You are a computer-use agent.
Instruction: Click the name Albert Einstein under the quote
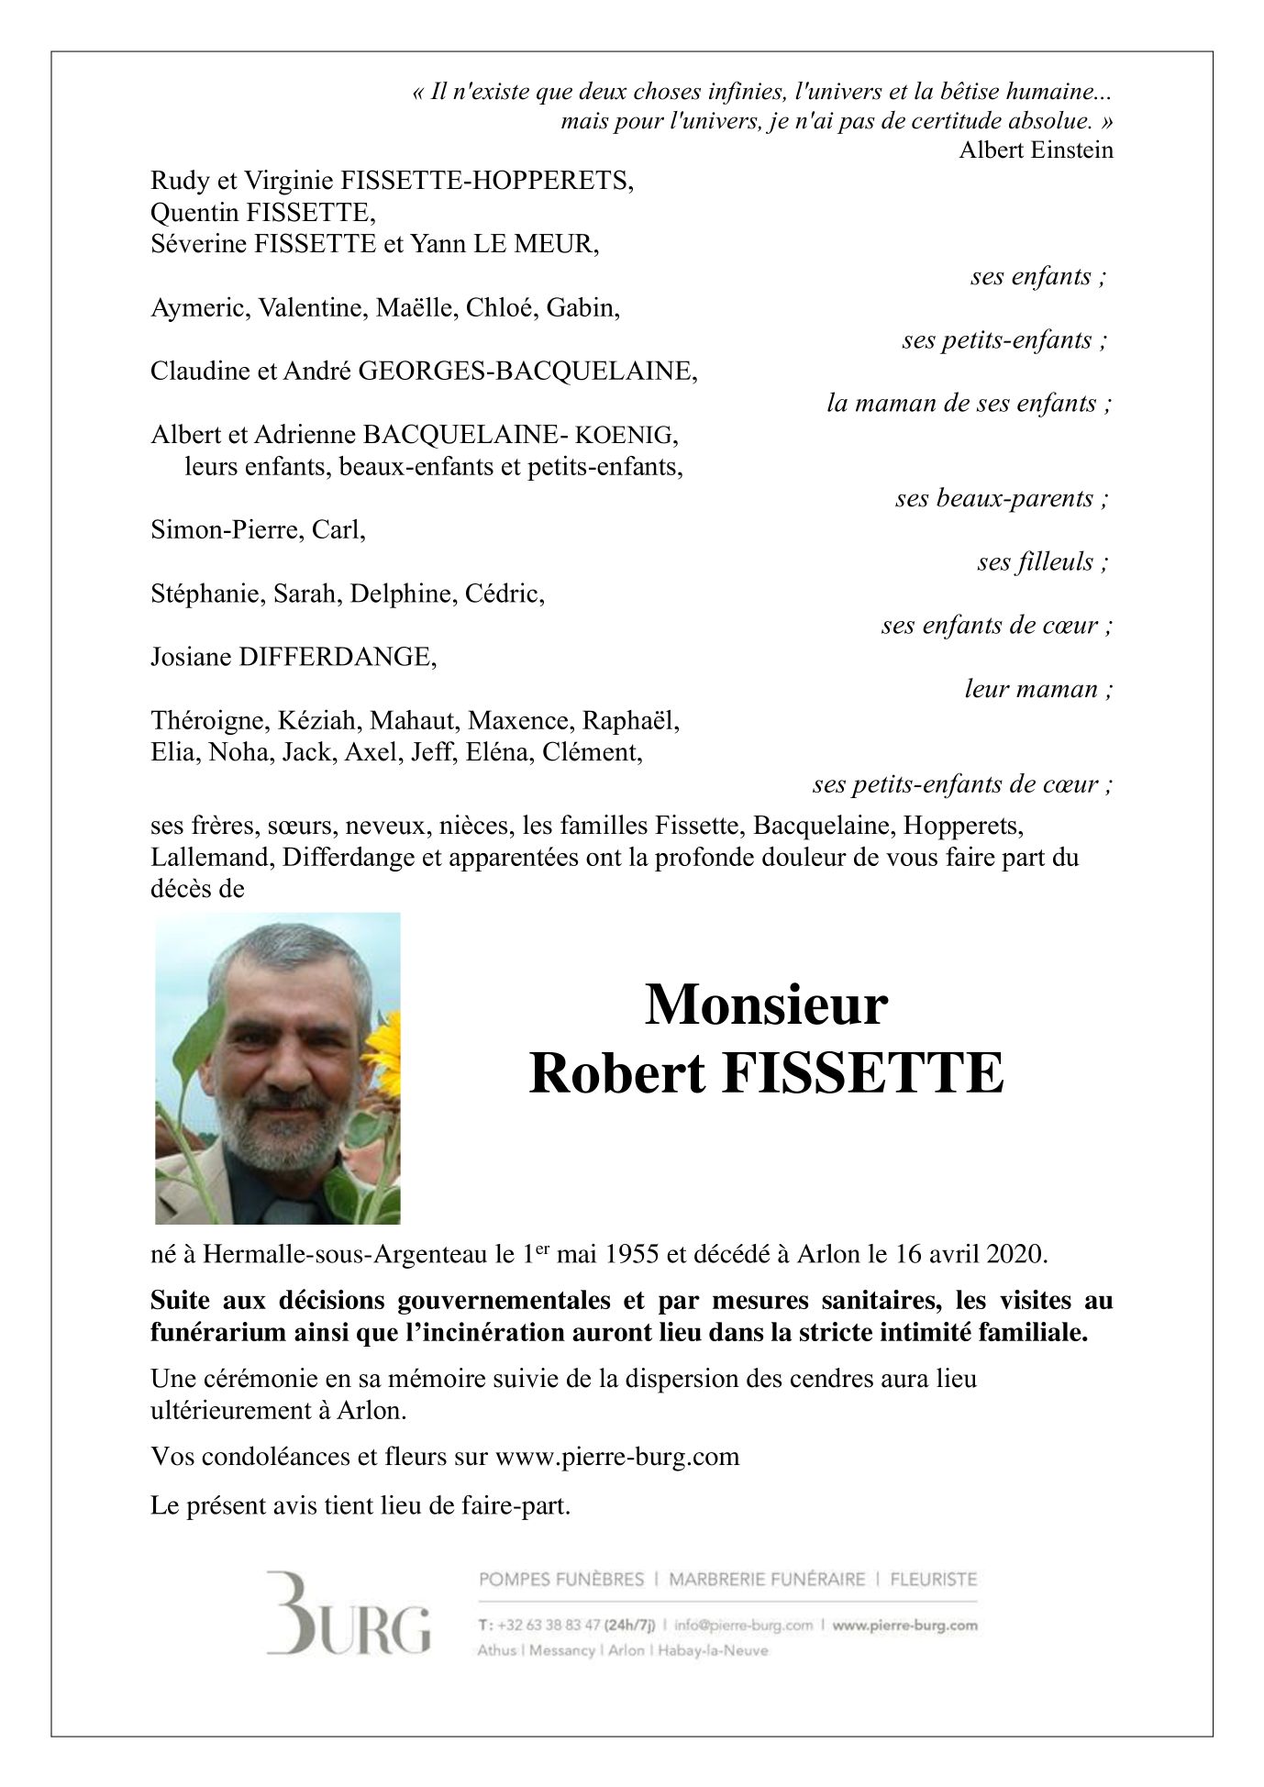point(1036,150)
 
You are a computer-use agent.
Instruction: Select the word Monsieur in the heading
point(766,1005)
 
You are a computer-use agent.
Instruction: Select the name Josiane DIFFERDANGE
point(294,657)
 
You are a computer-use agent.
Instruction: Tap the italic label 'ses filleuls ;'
point(1043,561)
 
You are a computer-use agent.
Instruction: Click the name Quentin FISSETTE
point(263,213)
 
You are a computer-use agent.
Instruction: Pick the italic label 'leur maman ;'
point(1038,689)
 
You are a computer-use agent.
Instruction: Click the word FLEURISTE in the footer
point(933,1580)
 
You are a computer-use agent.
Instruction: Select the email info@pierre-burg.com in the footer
point(743,1626)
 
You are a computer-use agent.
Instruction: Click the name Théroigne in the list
point(207,721)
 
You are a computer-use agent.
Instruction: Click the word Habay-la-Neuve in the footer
point(713,1650)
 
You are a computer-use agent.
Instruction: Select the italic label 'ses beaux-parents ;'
point(1002,498)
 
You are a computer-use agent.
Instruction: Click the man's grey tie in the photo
point(275,1198)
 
